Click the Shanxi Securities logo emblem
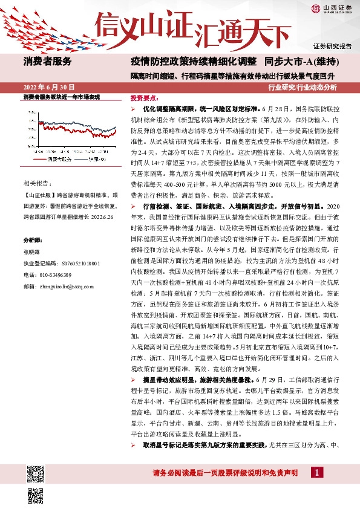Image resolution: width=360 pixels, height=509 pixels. point(315,8)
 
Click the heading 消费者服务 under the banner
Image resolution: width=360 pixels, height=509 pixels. point(47,61)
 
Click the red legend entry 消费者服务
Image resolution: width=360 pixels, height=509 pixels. point(56,159)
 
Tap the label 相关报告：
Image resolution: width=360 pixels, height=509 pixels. point(37,183)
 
